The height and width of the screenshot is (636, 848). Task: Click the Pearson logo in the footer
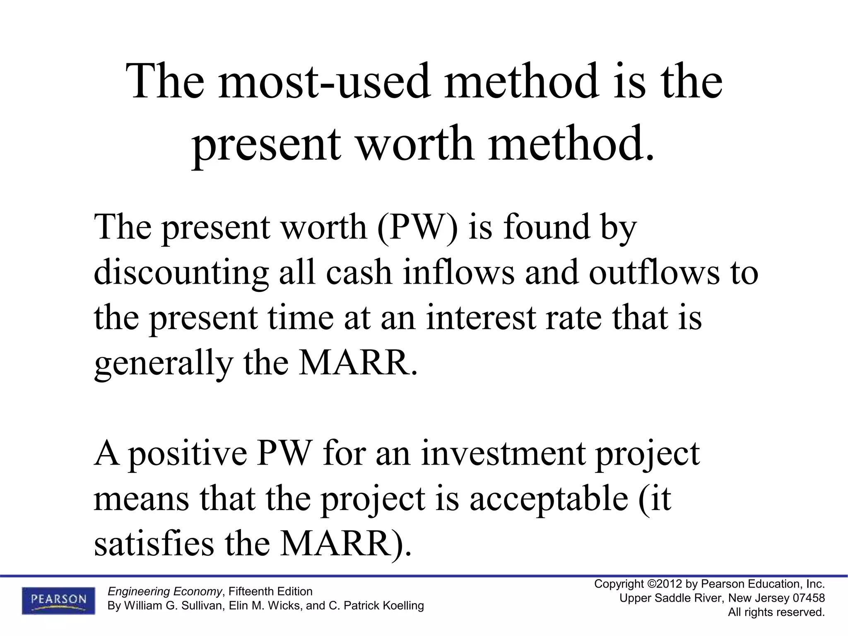pyautogui.click(x=58, y=600)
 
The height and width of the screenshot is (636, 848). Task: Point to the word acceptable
pyautogui.click(x=549, y=499)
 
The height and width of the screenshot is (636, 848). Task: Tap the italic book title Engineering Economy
pyautogui.click(x=165, y=591)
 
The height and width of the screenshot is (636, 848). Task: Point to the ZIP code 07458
pyautogui.click(x=809, y=598)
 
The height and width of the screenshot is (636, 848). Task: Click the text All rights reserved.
pyautogui.click(x=776, y=612)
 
